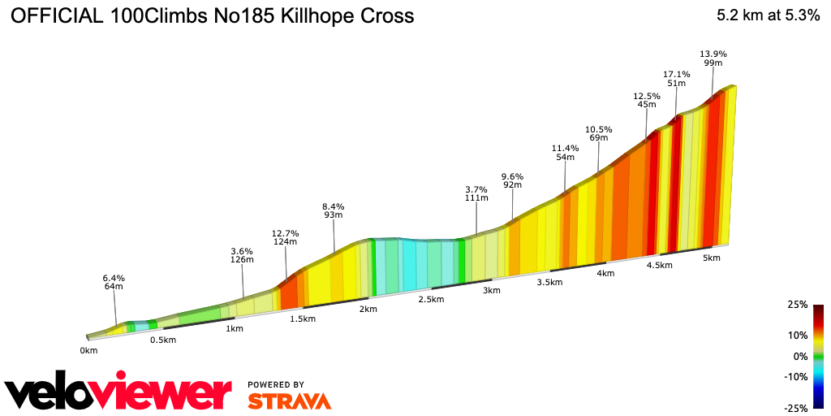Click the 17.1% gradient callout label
pos(676,75)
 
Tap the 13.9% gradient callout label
pos(713,54)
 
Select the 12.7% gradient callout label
pos(286,234)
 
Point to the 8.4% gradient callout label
pos(334,206)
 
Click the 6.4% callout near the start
pos(114,278)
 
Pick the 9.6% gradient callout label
pos(512,177)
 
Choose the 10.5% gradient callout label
pos(599,130)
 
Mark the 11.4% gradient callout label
pos(565,149)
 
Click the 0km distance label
pos(88,351)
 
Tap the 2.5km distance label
pos(431,299)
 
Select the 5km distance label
pos(712,258)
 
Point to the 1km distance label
pos(235,328)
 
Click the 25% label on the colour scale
pos(797,305)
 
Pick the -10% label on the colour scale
pos(796,376)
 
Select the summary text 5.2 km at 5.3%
pos(768,15)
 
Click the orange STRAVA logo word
pos(289,401)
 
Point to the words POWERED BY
pos(276,384)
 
